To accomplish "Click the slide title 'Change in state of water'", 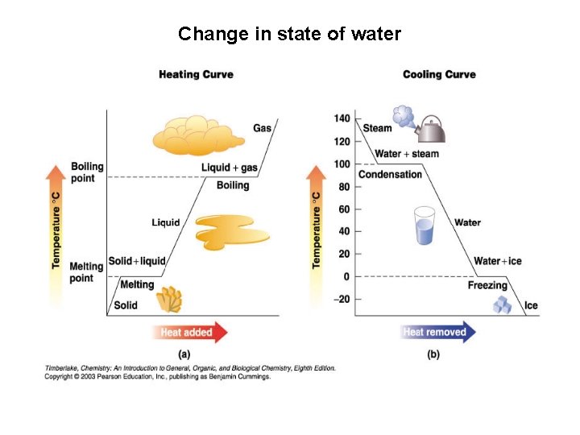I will click(x=289, y=34).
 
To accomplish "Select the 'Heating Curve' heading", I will click(x=196, y=75).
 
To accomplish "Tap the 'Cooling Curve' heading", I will click(x=439, y=75).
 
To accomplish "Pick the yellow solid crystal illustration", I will click(x=169, y=300).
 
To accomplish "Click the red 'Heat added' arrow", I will click(x=190, y=332).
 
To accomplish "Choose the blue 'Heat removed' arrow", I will click(x=438, y=332).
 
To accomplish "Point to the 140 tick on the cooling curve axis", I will click(x=342, y=119).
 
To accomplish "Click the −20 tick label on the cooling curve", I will click(x=342, y=300).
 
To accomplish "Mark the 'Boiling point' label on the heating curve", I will click(x=87, y=172).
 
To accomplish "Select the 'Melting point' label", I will click(x=86, y=272).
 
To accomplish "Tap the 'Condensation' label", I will click(x=390, y=175).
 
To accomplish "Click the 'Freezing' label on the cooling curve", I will click(x=487, y=285).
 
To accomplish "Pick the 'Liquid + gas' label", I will click(x=229, y=168).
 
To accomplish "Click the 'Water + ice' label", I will click(x=497, y=261).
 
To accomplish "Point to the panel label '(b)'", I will click(x=433, y=354).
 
